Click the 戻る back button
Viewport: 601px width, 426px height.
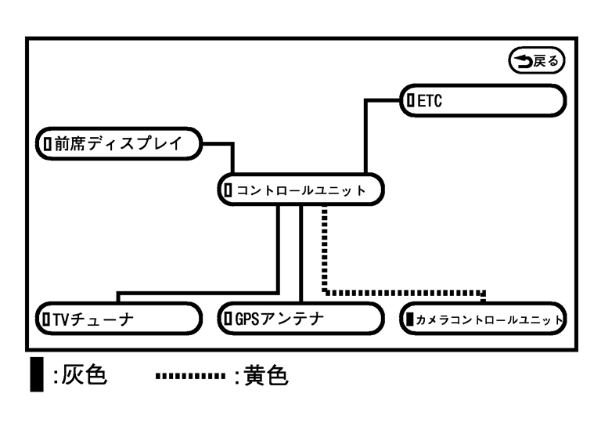(537, 59)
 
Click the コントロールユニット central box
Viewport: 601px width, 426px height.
(301, 189)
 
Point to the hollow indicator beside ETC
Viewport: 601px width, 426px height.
(409, 100)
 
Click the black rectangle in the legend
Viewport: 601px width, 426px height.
(36, 377)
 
